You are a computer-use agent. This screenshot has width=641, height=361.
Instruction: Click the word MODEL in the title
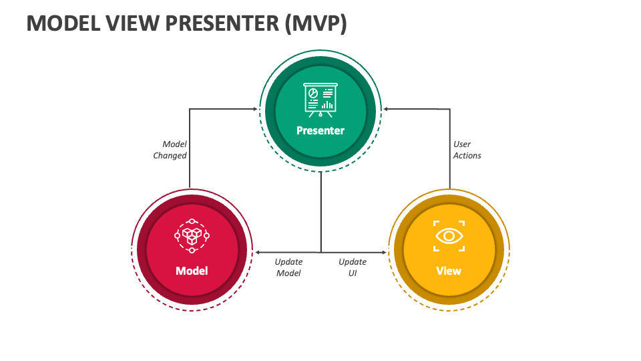[63, 23]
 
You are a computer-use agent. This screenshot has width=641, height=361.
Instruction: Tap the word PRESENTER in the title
[222, 23]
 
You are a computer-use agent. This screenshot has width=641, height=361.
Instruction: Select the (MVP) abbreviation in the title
[316, 23]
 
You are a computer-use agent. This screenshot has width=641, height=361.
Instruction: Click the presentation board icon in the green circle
[320, 100]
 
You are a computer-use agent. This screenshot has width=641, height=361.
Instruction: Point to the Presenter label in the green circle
[320, 130]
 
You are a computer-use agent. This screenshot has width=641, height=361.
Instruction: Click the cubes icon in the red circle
[192, 236]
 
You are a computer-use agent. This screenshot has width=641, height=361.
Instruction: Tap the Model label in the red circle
[192, 271]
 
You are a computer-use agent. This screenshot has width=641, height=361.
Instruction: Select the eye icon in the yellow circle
[449, 236]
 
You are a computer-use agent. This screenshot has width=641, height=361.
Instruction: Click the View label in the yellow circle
[449, 271]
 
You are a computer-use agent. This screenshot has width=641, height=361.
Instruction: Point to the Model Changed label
[170, 150]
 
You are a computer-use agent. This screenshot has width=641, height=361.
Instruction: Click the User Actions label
[467, 150]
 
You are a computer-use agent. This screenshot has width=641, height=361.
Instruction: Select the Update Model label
[288, 267]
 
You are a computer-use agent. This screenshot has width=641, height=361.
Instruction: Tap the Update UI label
[353, 267]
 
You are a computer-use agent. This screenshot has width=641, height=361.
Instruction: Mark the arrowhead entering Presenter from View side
[385, 109]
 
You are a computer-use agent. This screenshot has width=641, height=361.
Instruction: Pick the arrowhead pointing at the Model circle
[257, 253]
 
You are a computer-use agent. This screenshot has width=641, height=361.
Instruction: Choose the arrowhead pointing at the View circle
[384, 253]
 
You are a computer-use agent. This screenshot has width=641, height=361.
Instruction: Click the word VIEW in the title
[133, 23]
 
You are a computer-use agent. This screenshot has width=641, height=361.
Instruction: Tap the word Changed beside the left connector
[170, 156]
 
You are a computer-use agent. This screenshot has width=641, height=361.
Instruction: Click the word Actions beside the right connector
[467, 156]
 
